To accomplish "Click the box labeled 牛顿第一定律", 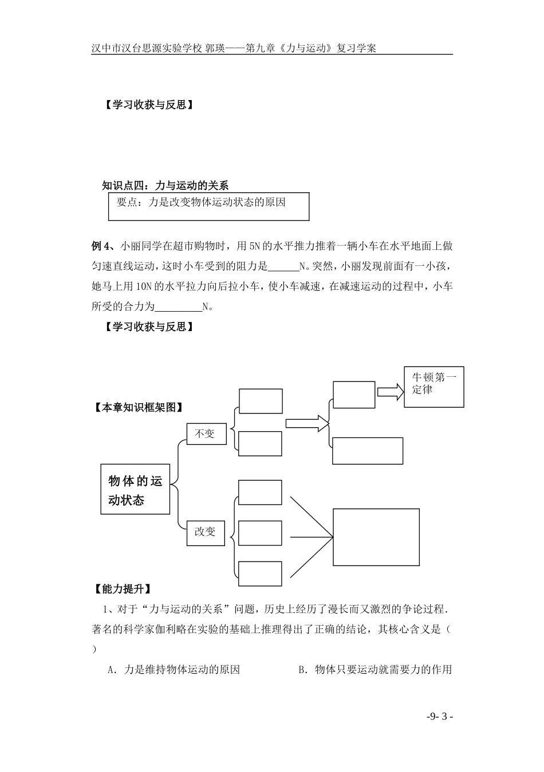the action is (433, 387).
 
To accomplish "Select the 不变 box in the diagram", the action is (206, 434).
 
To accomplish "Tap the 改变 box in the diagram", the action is (206, 532).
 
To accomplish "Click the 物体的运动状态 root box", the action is (135, 489).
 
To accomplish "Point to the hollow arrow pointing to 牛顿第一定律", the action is (390, 392).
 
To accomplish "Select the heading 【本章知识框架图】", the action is (140, 408).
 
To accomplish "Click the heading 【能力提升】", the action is (122, 588).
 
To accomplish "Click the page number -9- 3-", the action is (440, 716).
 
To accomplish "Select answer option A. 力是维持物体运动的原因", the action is (174, 670).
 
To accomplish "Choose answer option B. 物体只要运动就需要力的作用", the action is (375, 670).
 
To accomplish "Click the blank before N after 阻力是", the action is (283, 266).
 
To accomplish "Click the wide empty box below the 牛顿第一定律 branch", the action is (368, 451).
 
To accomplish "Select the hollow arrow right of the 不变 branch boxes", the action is (307, 424).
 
